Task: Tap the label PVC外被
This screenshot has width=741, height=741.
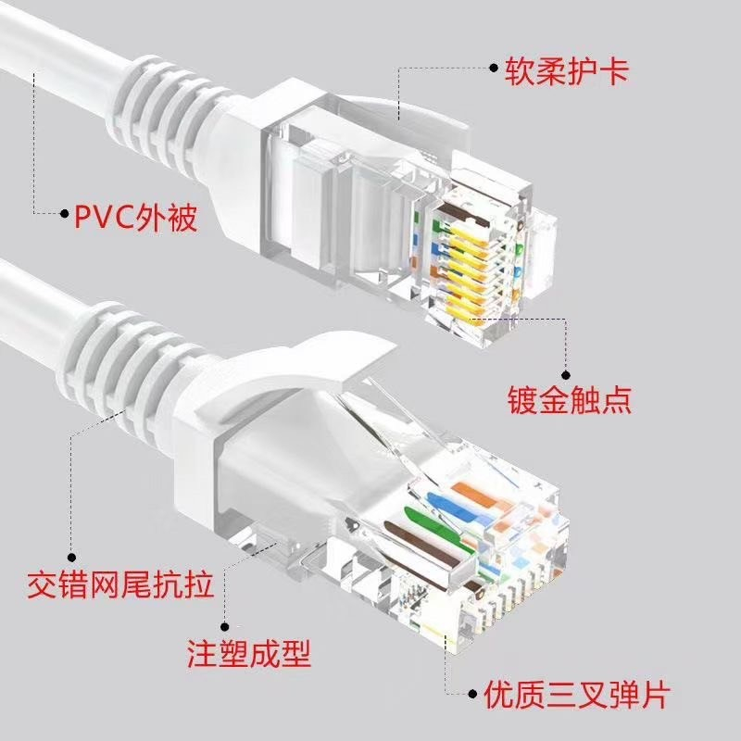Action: click(x=135, y=216)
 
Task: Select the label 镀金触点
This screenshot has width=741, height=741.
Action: click(x=569, y=400)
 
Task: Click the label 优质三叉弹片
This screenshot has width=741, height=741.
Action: click(x=575, y=694)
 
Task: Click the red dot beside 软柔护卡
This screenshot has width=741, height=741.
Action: click(x=495, y=68)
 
